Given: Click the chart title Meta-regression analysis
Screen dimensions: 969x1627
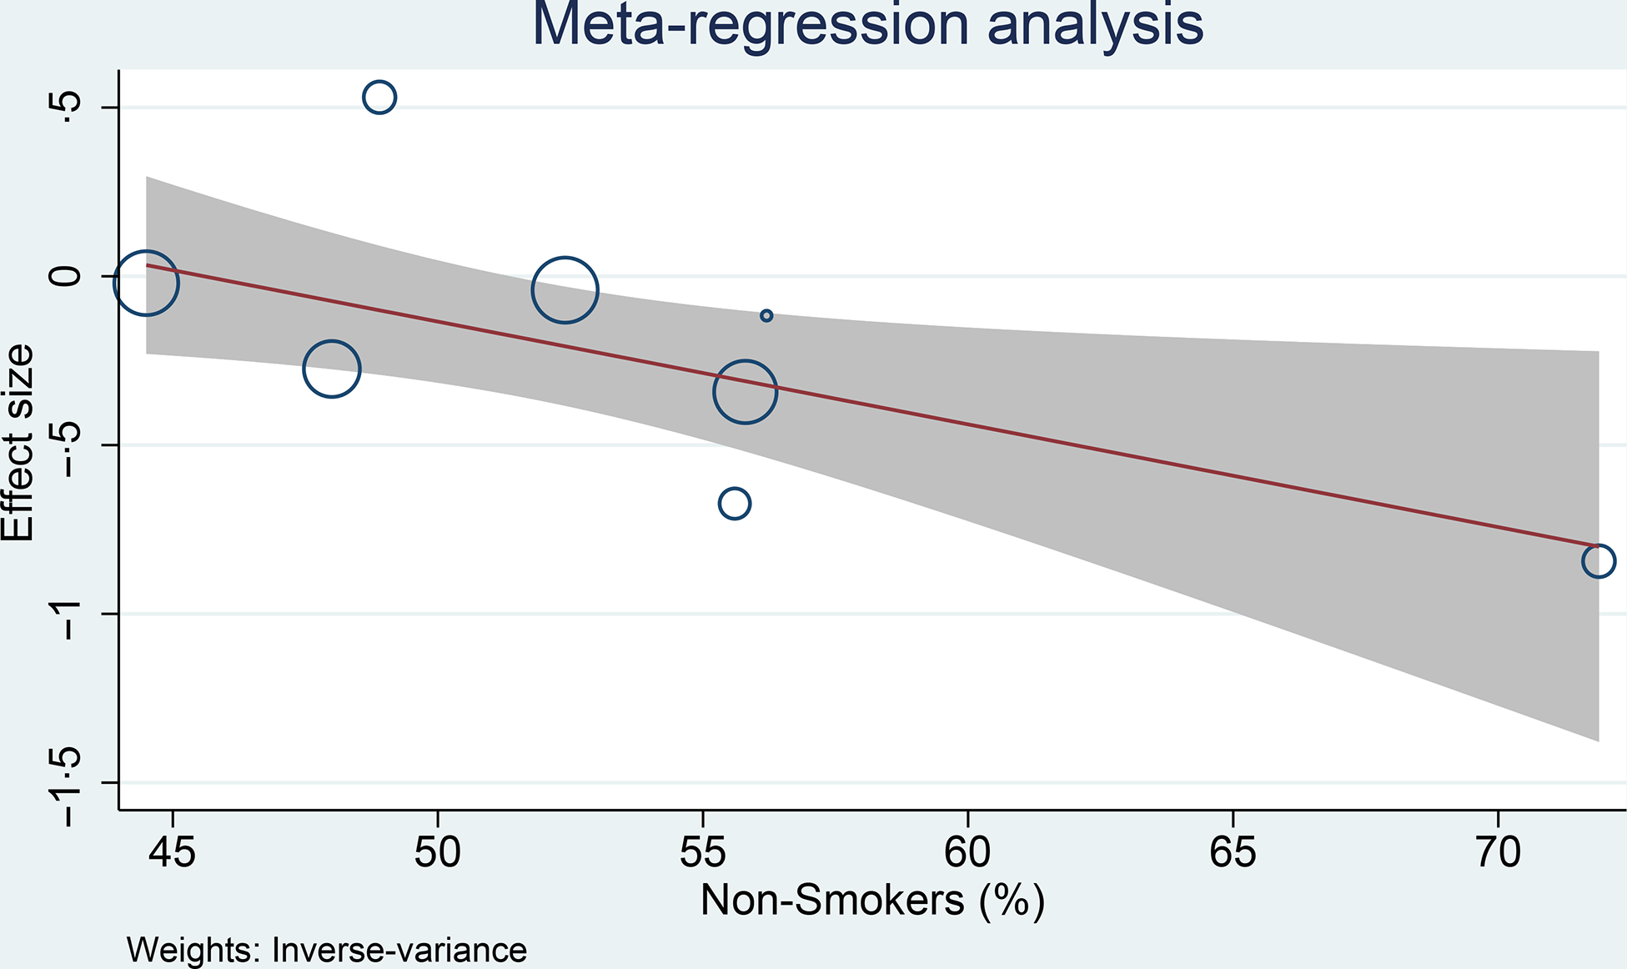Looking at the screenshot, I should pos(867,25).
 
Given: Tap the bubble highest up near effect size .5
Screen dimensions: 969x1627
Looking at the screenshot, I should pos(379,98).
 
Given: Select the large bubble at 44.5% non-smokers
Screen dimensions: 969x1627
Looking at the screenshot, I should pos(146,284).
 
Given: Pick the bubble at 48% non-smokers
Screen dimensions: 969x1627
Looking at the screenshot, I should pos(332,369).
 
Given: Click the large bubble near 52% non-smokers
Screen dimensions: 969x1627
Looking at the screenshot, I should pos(565,290).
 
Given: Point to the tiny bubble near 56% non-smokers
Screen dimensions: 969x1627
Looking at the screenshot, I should pos(766,315).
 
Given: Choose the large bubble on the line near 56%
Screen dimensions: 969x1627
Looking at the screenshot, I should pos(746,392).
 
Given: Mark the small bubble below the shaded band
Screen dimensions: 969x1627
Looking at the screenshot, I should pos(734,504).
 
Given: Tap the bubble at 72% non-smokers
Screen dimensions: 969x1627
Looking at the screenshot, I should pos(1598,560).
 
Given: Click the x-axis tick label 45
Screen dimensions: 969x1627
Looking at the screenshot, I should pos(173,852).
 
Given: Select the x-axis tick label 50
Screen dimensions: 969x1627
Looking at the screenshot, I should pos(438,852).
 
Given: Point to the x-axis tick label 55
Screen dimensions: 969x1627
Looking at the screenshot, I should pos(703,852).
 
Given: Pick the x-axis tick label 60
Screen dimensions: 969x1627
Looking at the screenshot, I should pos(967,852).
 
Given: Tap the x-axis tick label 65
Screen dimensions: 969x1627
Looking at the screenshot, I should pos(1233,852).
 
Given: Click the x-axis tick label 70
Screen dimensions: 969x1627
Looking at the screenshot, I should pos(1498,852).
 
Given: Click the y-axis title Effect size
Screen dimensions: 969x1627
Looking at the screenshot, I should pos(18,443).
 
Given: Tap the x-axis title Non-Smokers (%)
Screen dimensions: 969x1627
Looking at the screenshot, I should pos(872,901).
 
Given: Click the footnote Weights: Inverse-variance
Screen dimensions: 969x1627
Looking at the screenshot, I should pos(327,951).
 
